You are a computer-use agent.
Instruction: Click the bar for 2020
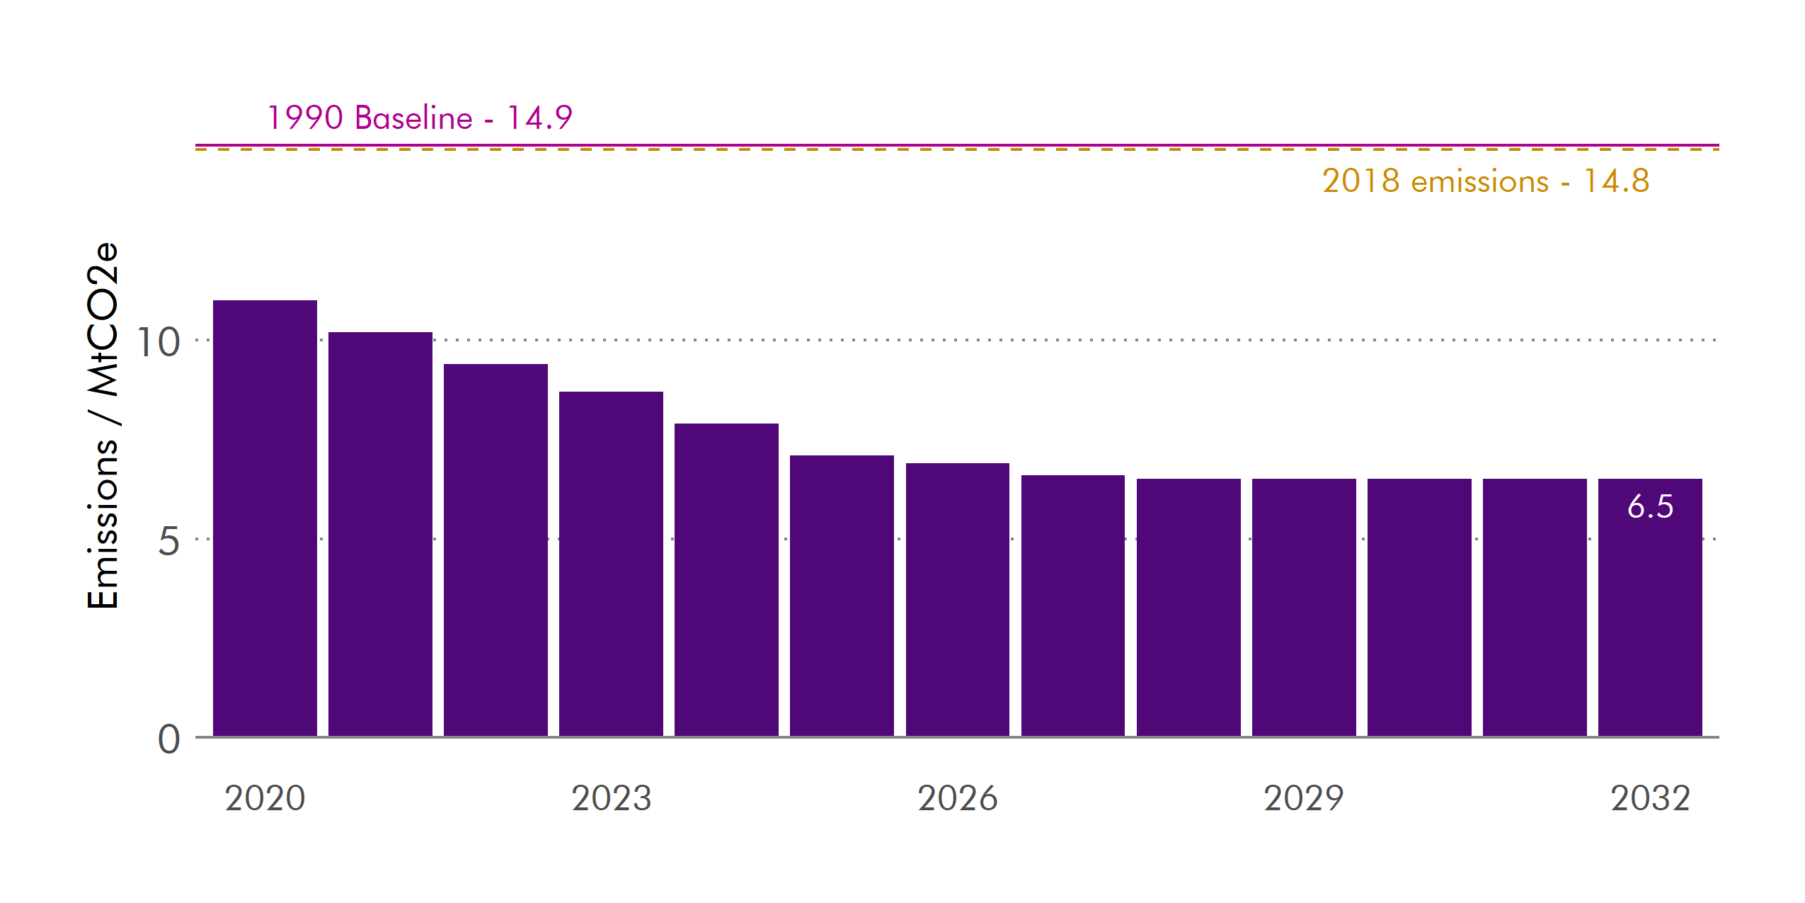click(265, 518)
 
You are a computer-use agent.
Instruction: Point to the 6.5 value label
click(1650, 506)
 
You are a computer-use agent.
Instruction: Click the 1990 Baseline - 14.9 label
click(420, 118)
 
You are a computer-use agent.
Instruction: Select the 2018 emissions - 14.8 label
click(1485, 181)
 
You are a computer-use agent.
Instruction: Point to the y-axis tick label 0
click(168, 739)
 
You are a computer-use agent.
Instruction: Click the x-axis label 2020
click(265, 798)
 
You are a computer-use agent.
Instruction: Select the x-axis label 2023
click(611, 798)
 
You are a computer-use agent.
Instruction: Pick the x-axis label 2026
click(957, 798)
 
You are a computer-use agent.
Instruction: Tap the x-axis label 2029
click(1304, 798)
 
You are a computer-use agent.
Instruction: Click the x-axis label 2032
click(1650, 798)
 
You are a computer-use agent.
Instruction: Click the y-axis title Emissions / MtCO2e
click(103, 425)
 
